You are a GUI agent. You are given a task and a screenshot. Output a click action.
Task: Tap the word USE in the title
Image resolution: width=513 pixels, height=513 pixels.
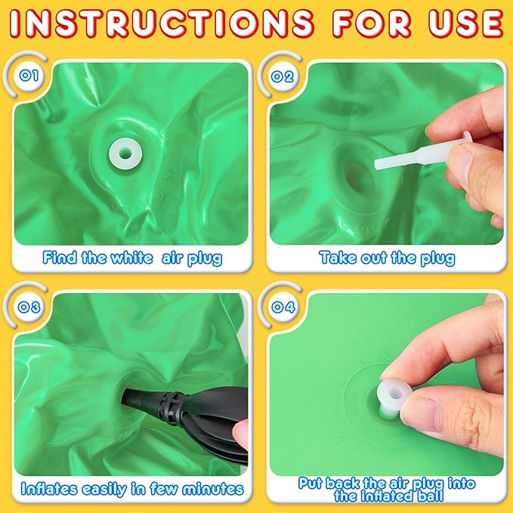pyautogui.click(x=466, y=23)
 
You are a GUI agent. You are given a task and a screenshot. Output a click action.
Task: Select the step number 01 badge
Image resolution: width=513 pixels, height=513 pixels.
pyautogui.click(x=29, y=76)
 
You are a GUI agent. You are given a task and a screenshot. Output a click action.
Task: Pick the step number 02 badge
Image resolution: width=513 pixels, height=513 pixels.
pyautogui.click(x=283, y=76)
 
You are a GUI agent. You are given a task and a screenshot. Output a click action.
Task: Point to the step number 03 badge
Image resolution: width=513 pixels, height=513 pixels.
pyautogui.click(x=29, y=307)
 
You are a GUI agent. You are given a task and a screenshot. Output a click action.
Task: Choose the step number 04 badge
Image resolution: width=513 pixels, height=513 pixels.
pyautogui.click(x=283, y=307)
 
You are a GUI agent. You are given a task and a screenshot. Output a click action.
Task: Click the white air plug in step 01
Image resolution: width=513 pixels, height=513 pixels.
pyautogui.click(x=125, y=153)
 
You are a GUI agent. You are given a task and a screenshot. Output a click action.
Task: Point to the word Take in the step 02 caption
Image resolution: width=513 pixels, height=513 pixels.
pyautogui.click(x=338, y=258)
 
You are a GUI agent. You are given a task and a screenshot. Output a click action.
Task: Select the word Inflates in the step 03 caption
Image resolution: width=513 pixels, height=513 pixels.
pyautogui.click(x=49, y=489)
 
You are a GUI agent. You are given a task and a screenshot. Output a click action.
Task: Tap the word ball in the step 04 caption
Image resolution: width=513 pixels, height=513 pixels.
pyautogui.click(x=430, y=496)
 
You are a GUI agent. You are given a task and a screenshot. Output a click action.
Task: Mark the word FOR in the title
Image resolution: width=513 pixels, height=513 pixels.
pyautogui.click(x=372, y=23)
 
